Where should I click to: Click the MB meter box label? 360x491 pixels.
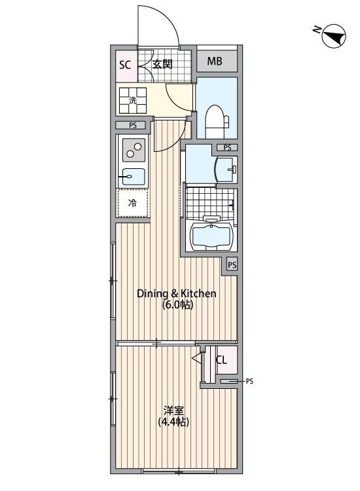pos(215,62)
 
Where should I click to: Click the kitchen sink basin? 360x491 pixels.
pos(133,175)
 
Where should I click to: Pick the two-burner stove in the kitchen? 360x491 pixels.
pos(134,151)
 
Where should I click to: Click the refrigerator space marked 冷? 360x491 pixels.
pos(132,203)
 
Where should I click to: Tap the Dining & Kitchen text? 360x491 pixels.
pos(176,293)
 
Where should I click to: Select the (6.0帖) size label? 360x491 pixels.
pos(176,305)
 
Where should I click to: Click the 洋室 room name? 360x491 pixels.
pos(173,410)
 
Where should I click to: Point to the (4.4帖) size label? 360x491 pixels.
pos(173,422)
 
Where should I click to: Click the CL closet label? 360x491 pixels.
pos(221,359)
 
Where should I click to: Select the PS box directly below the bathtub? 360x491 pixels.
pos(232,265)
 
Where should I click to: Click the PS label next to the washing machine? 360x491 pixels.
pos(133,126)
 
